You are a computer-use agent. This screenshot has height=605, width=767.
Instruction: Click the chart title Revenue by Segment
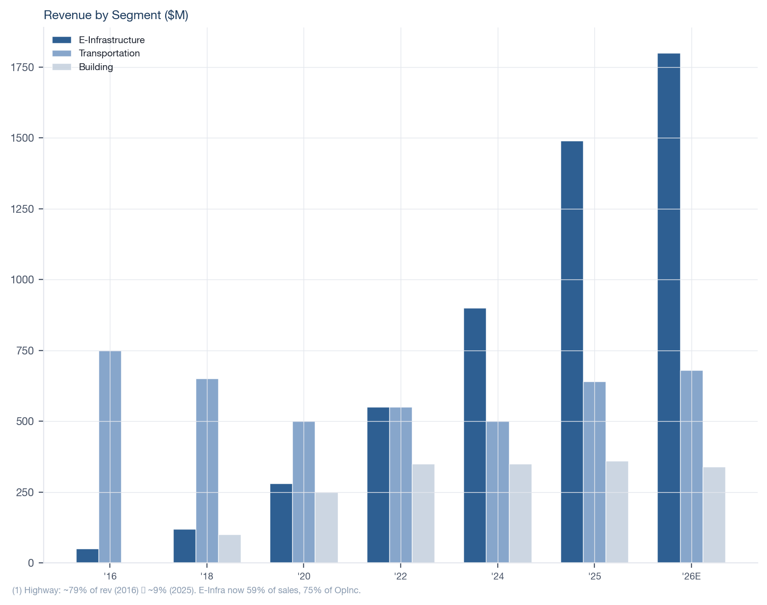point(116,15)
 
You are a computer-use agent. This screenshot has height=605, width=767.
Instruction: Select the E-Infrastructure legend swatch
point(62,40)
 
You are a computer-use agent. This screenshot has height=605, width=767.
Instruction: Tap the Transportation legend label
point(109,53)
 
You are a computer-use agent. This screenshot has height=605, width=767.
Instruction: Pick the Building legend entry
point(96,67)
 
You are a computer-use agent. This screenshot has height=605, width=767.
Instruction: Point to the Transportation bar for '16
point(110,456)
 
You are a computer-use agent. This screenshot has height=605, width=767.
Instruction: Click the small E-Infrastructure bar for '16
point(87,555)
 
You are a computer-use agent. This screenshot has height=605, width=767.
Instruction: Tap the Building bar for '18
point(230,549)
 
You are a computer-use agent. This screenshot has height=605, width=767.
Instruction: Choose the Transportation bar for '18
point(207,471)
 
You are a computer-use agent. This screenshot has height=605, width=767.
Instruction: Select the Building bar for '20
point(326,528)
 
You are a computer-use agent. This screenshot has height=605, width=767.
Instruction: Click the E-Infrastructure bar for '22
point(378,485)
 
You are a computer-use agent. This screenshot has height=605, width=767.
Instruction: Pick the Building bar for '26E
point(714,515)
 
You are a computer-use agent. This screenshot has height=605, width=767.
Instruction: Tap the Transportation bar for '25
point(594,472)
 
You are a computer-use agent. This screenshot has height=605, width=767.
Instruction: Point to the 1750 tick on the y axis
point(24,67)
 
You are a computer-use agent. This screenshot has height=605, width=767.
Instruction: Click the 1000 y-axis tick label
point(24,280)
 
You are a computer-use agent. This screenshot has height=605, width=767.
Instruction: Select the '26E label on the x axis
point(691,577)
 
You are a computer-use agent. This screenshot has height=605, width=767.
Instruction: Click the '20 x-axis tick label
point(304,577)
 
